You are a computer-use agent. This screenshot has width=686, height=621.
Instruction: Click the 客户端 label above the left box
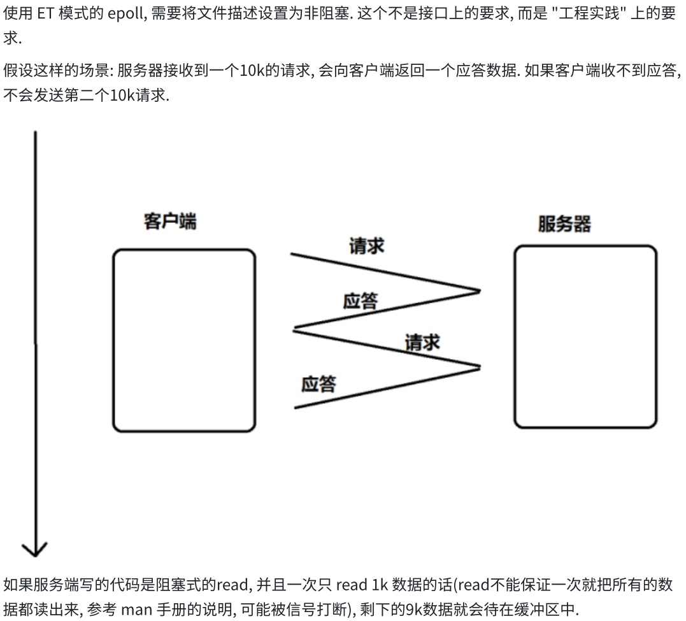pos(170,222)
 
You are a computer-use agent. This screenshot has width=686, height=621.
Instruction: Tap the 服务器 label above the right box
pos(564,224)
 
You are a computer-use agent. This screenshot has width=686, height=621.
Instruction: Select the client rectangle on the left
pos(184,341)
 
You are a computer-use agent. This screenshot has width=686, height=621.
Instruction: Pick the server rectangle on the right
pos(585,336)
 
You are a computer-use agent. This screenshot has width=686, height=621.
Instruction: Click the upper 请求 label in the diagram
pos(366,246)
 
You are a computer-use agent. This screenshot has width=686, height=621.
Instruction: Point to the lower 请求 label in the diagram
pos(422,342)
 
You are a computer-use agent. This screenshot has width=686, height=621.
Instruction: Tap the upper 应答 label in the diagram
pos(360,301)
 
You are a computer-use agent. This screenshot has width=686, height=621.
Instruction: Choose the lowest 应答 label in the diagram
pos(318,384)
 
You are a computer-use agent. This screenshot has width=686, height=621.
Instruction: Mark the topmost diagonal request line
pos(385,273)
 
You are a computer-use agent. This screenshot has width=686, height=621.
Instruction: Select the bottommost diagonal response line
pos(385,387)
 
